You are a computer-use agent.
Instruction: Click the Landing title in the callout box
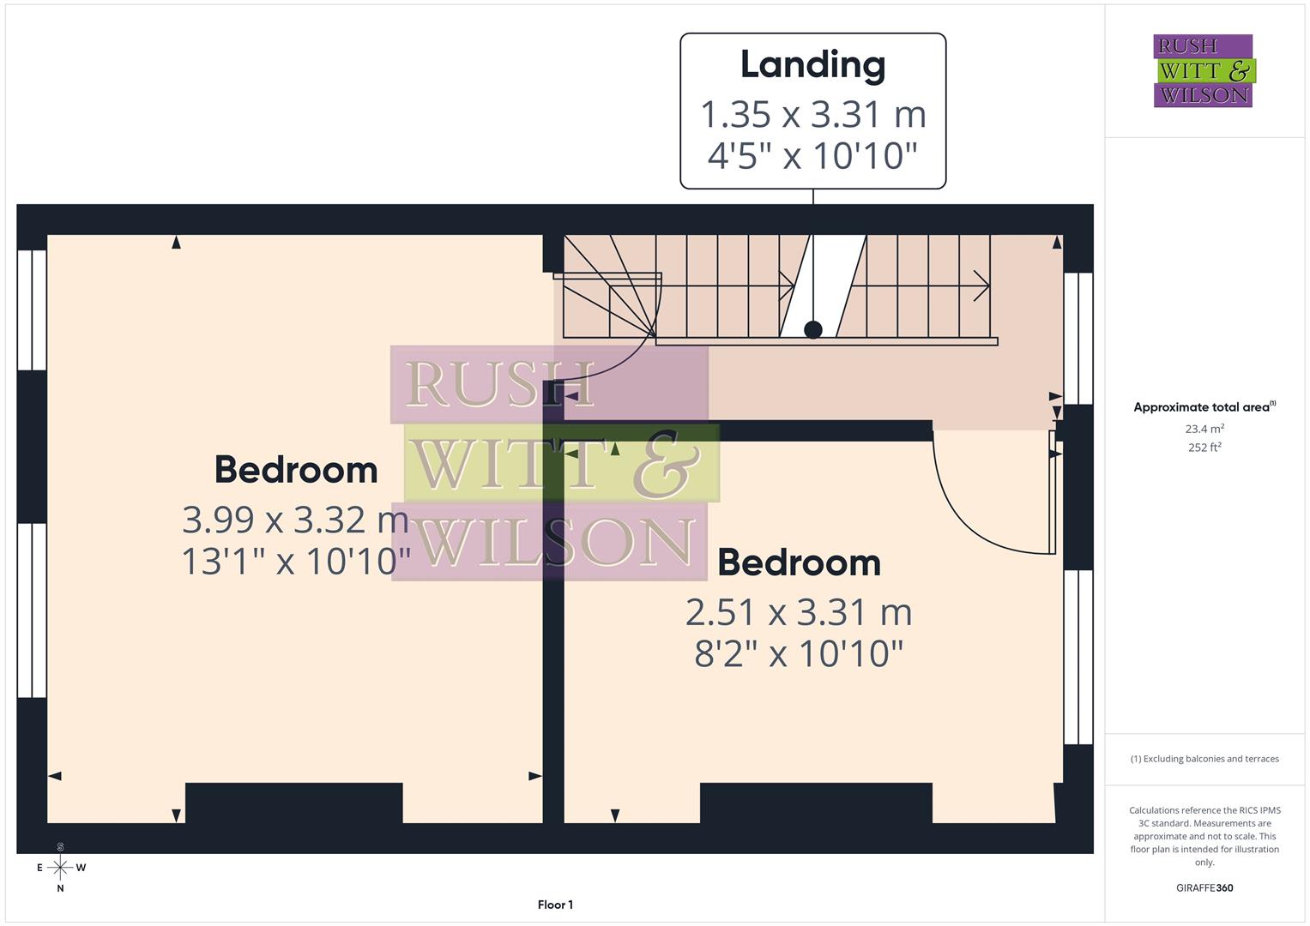[812, 65]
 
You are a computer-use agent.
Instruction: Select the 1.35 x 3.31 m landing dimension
[812, 114]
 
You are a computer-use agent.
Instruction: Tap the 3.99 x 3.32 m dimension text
[295, 520]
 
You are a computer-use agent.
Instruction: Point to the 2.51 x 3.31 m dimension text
[798, 612]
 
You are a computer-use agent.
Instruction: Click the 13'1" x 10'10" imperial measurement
[295, 562]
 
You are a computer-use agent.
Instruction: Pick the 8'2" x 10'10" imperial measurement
[798, 653]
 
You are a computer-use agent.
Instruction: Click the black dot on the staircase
[813, 329]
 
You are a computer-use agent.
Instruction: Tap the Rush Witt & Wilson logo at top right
[1203, 70]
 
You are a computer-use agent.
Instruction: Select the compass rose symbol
[60, 868]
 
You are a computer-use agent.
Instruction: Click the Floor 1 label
[555, 905]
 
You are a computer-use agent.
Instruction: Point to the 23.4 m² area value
[1204, 429]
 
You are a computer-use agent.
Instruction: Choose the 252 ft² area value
[1204, 448]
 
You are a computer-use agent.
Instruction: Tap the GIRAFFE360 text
[1204, 888]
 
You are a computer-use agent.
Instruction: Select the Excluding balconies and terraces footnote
[1204, 759]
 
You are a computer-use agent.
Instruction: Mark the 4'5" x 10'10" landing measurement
[812, 156]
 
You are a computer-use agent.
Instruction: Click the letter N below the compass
[60, 889]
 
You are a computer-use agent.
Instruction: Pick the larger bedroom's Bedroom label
[295, 470]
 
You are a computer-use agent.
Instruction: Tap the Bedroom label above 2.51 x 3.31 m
[798, 562]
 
